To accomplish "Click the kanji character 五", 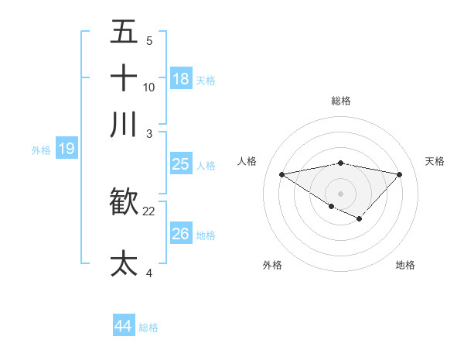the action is tap(124, 32).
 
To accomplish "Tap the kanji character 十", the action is tap(124, 77).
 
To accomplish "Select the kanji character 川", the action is tap(124, 124).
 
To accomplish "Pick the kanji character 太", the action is tap(124, 263).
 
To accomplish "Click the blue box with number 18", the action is tap(180, 79).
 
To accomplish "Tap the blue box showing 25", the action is tap(180, 164).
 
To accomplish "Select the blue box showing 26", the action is tap(180, 234).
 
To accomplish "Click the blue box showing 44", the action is tap(123, 326).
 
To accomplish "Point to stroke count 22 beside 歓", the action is tap(149, 211).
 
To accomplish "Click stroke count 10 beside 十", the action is tap(149, 87).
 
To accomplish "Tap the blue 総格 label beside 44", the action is tap(148, 328).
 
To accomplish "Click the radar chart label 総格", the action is tap(340, 101).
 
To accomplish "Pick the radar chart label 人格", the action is tap(247, 161).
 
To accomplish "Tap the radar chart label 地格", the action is tap(405, 265).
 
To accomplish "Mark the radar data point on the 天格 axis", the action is tap(400, 174).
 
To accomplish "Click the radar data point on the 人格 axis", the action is tap(281, 174).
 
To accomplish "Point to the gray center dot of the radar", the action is tap(340, 193).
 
